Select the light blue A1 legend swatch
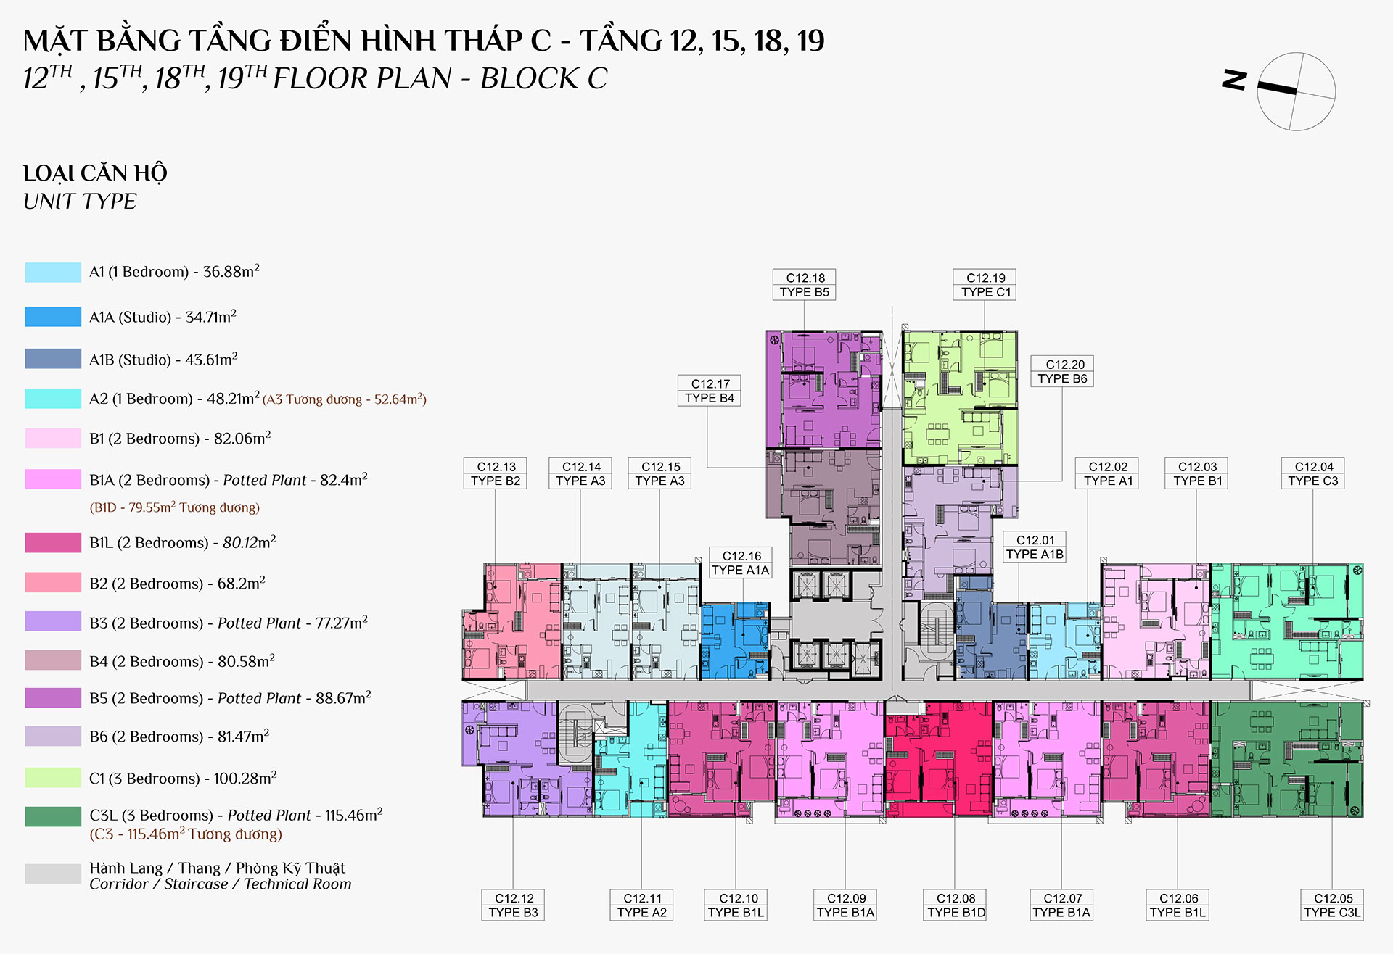pyautogui.click(x=53, y=273)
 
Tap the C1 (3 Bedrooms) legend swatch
pyautogui.click(x=53, y=778)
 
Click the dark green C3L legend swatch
pyautogui.click(x=53, y=816)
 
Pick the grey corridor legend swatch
pyautogui.click(x=53, y=874)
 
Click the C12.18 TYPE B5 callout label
pyautogui.click(x=805, y=285)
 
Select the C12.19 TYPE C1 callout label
pyautogui.click(x=985, y=285)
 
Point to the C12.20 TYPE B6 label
pyautogui.click(x=1063, y=372)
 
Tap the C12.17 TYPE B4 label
pyautogui.click(x=710, y=391)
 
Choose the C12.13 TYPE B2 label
pyautogui.click(x=496, y=473)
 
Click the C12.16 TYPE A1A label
pyautogui.click(x=740, y=563)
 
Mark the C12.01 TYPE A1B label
pyautogui.click(x=1035, y=547)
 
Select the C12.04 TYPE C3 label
pyautogui.click(x=1313, y=473)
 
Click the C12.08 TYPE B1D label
pyautogui.click(x=956, y=905)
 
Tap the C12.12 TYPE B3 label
pyautogui.click(x=513, y=905)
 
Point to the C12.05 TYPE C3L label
pyautogui.click(x=1333, y=905)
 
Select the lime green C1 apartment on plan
pyautogui.click(x=959, y=397)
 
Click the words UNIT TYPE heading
pyautogui.click(x=80, y=202)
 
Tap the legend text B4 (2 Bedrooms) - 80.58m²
pyautogui.click(x=182, y=660)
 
